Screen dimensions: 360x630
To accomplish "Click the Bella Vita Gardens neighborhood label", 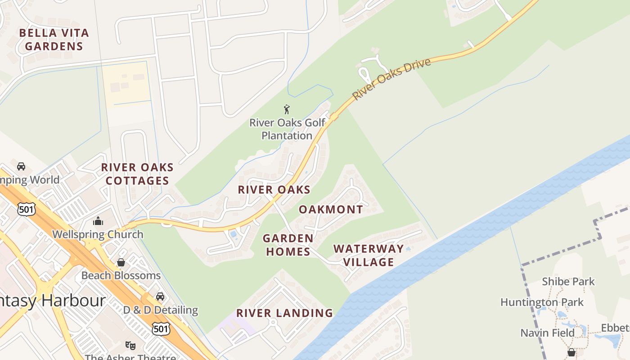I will click(x=54, y=39).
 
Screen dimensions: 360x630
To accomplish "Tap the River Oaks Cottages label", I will click(x=137, y=174).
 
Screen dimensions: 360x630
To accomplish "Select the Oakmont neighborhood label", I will click(x=331, y=209).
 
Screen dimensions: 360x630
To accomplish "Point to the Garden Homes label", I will click(x=288, y=245).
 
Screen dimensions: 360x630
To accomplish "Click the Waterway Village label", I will click(x=369, y=255).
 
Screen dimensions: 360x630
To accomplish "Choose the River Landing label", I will click(x=284, y=313).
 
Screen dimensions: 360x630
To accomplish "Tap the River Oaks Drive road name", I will click(x=391, y=79).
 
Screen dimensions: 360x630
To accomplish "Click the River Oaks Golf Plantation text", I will click(x=287, y=129).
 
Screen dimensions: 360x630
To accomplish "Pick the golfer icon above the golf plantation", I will click(x=287, y=109).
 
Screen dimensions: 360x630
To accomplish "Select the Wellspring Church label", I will click(x=98, y=234).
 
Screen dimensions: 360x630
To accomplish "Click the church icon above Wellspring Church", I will click(x=98, y=221).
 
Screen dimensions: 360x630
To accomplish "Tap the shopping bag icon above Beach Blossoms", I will click(x=121, y=262).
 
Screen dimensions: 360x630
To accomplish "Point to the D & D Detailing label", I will click(x=161, y=310).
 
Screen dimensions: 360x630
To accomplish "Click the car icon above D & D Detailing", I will click(x=160, y=296).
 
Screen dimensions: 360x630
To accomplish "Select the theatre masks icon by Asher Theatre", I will click(x=130, y=345).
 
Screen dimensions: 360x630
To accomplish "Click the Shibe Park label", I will click(x=568, y=282).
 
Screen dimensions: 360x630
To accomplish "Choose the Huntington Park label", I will click(x=542, y=302).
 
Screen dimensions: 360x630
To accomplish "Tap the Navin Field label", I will click(x=547, y=333).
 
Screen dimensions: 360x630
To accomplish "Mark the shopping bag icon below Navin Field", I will click(x=571, y=351).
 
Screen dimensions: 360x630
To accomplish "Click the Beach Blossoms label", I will click(x=121, y=275).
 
